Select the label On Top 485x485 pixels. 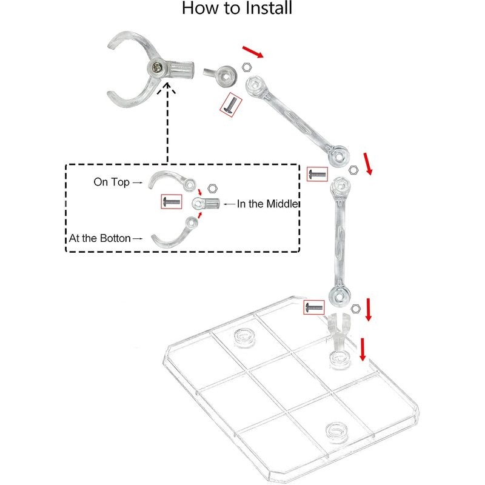112,181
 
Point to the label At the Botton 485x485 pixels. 99,238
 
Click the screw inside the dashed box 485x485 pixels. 171,201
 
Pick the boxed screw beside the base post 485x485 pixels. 315,307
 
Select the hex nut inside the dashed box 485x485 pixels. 212,189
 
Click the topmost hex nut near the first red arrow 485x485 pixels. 247,67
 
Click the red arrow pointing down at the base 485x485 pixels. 363,349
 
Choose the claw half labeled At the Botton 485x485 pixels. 173,233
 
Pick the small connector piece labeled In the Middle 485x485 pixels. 207,204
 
